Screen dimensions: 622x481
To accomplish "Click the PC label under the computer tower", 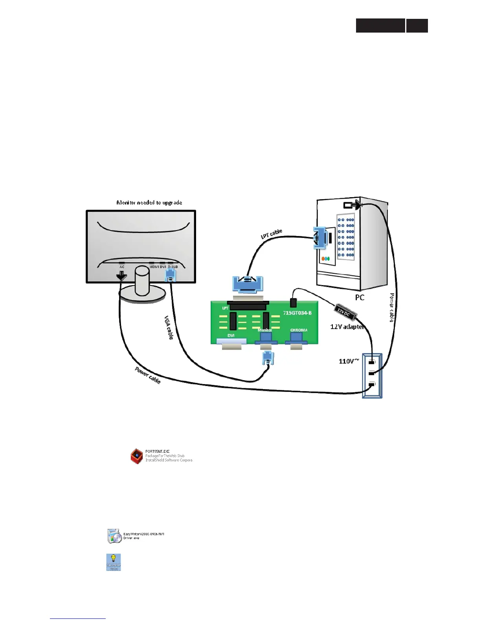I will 359,298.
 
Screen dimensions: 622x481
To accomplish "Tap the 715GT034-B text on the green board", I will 297,313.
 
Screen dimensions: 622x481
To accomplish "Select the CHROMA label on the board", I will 299,330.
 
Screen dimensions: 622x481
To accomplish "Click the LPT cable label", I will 272,234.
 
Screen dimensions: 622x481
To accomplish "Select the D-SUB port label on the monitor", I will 173,267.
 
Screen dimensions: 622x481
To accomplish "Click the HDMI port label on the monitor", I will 154,267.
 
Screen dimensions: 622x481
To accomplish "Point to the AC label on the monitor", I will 122,267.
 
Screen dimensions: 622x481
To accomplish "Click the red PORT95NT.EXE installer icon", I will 136,456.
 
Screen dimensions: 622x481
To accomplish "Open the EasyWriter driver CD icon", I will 114,536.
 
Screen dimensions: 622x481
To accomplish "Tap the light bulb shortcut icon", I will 114,562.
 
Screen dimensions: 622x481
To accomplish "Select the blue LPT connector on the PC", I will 320,238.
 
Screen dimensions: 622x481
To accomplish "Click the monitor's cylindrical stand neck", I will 142,280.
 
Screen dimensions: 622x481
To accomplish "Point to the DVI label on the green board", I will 231,336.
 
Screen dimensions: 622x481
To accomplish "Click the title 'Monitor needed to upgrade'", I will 149,203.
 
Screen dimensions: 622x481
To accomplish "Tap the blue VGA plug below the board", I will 268,358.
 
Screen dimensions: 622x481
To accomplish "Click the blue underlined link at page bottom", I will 78,618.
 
